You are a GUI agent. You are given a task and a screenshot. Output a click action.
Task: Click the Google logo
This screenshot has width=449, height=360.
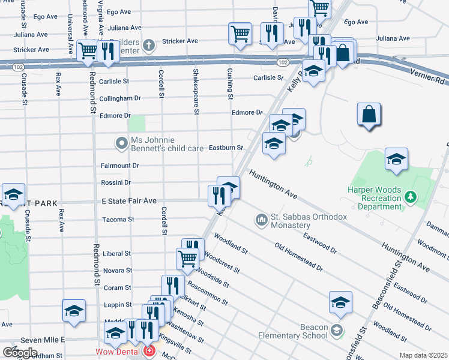pyautogui.click(x=20, y=353)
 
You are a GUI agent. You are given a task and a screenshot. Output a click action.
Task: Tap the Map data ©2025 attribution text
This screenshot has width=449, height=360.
pyautogui.click(x=424, y=355)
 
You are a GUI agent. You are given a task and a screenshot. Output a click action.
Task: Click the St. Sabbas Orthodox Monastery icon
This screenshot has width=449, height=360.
pyautogui.click(x=261, y=220)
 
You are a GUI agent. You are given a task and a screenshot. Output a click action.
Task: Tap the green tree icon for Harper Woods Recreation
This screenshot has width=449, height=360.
pyautogui.click(x=411, y=196)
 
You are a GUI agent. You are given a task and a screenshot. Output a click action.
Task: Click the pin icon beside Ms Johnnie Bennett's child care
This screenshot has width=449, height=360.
pyautogui.click(x=122, y=143)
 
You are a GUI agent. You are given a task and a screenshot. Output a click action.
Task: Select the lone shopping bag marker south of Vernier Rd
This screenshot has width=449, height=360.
pyautogui.click(x=369, y=114)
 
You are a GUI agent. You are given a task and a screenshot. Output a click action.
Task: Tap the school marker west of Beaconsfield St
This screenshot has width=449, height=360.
pyautogui.click(x=340, y=302)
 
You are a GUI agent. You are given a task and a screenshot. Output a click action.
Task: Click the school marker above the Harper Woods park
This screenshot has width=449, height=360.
pyautogui.click(x=396, y=158)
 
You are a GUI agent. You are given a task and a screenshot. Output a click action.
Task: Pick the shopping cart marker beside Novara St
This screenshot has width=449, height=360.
pyautogui.click(x=187, y=259)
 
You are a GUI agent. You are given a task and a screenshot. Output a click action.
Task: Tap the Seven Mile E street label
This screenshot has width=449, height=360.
pyautogui.click(x=43, y=340)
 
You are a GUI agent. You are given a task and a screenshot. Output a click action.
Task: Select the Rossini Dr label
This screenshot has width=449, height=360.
pyautogui.click(x=119, y=182)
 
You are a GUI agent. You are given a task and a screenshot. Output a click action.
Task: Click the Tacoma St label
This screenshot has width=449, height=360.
pyautogui.click(x=119, y=220)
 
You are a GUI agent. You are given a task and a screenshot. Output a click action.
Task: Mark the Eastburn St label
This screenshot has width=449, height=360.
pyautogui.click(x=225, y=148)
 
